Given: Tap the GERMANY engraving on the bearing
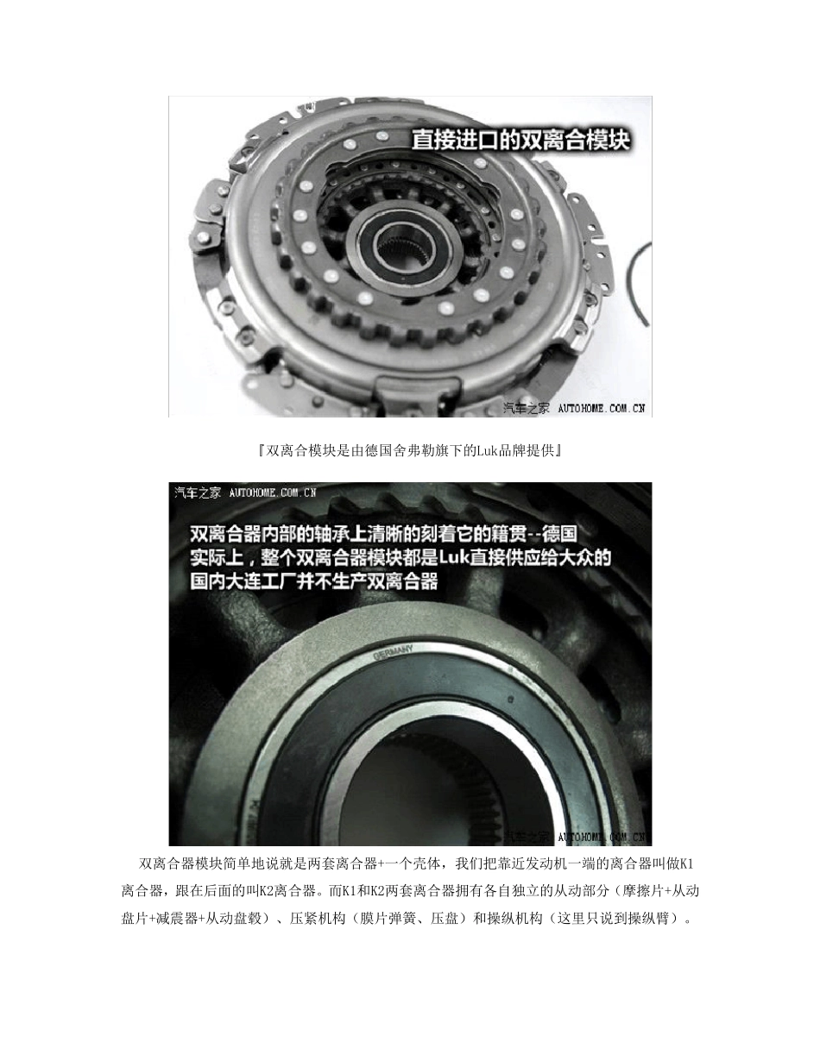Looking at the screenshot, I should (394, 652).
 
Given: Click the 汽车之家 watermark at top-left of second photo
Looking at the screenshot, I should (198, 492).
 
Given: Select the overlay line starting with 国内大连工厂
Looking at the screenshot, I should (314, 581).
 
